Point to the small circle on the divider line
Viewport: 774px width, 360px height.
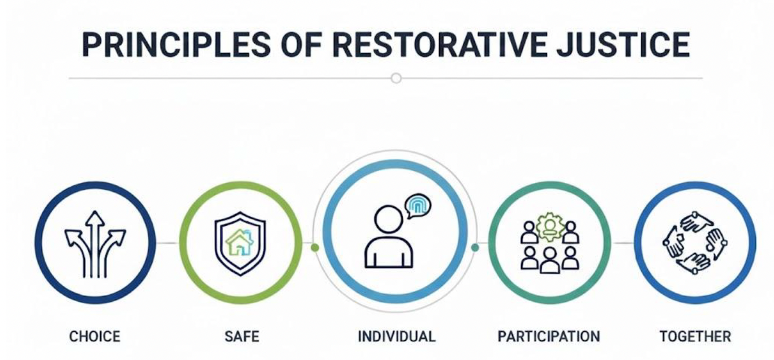[x=396, y=78]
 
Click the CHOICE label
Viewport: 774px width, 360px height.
[x=94, y=336]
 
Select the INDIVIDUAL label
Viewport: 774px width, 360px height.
[x=397, y=336]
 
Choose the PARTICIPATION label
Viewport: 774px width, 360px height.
[x=548, y=336]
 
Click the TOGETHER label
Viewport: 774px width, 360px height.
[x=695, y=336]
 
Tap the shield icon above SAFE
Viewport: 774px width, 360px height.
[x=240, y=243]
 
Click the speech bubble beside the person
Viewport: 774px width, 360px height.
[x=418, y=206]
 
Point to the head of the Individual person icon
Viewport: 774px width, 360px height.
[x=388, y=218]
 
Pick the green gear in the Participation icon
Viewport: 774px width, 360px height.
[x=550, y=227]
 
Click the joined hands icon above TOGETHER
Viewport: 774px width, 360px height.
[x=695, y=242]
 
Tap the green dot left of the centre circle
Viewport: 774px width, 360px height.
[x=315, y=247]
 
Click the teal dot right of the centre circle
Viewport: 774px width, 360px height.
[x=475, y=247]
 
